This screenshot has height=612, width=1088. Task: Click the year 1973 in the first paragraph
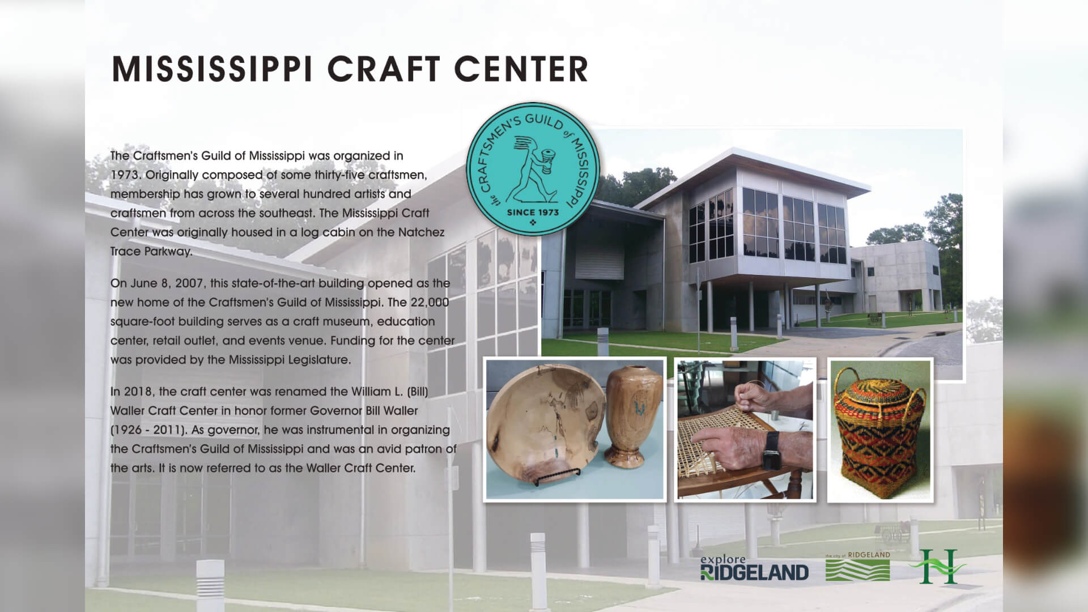pos(125,175)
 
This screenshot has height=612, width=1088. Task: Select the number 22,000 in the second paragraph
pos(430,303)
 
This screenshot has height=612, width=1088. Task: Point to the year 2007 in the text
pos(189,283)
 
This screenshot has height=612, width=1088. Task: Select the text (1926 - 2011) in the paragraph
pos(148,430)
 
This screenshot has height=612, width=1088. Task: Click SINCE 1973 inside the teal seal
pos(532,212)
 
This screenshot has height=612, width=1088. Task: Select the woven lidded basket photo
pos(880,431)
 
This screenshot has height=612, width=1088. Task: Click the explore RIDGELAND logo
pos(754,568)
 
